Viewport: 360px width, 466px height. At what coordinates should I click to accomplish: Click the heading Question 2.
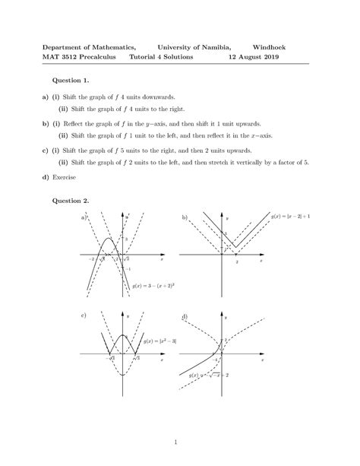point(70,201)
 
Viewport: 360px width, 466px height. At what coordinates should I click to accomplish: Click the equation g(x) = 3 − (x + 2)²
point(154,286)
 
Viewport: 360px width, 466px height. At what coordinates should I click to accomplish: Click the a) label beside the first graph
point(83,217)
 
